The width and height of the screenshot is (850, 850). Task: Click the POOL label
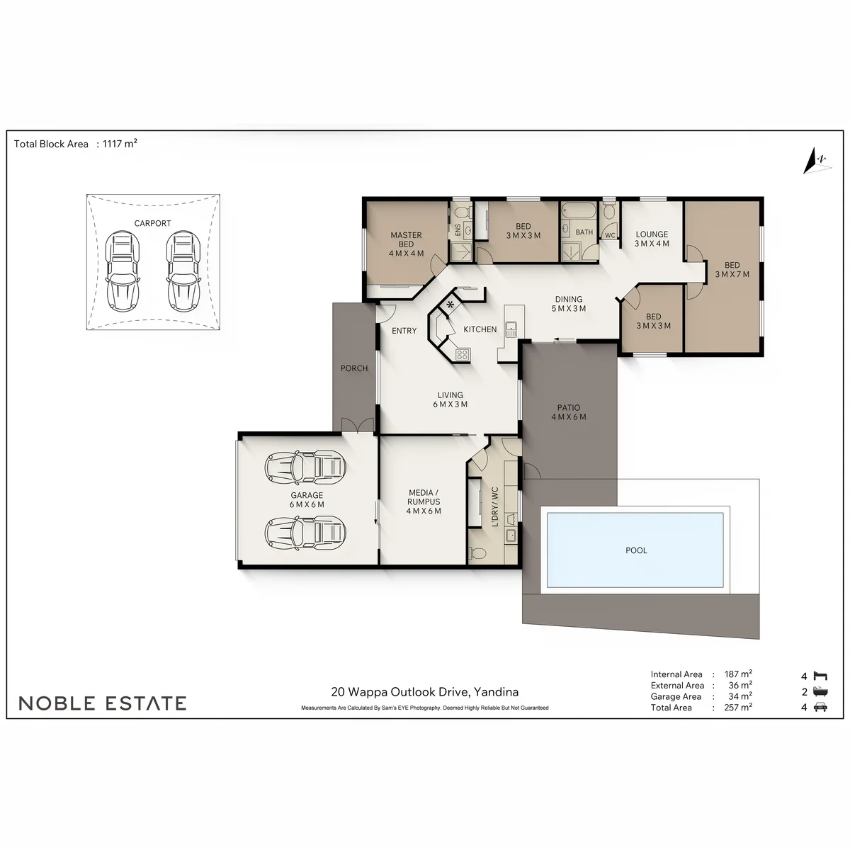(636, 550)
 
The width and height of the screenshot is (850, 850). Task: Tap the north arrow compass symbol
(817, 161)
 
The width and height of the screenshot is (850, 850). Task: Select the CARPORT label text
(152, 223)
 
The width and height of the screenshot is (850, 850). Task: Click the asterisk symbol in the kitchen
(450, 304)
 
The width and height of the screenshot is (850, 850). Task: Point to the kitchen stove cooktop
(462, 354)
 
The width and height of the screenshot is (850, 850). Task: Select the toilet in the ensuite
(461, 213)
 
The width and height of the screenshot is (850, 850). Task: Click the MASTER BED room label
(407, 239)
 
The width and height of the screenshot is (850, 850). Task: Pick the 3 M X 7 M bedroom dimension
(732, 274)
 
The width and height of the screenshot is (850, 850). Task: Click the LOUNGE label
(652, 234)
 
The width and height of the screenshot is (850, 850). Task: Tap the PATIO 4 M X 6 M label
(569, 412)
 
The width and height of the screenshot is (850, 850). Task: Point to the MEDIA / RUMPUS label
(424, 497)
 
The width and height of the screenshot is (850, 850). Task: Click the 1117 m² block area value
(120, 143)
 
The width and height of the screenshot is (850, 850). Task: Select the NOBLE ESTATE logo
(102, 703)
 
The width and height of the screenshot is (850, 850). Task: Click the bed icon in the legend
(820, 676)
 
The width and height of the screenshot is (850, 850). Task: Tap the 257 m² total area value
(738, 708)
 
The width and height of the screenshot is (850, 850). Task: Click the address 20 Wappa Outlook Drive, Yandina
(425, 692)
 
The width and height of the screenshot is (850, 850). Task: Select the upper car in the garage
(305, 466)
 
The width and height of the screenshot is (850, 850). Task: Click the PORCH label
(354, 368)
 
